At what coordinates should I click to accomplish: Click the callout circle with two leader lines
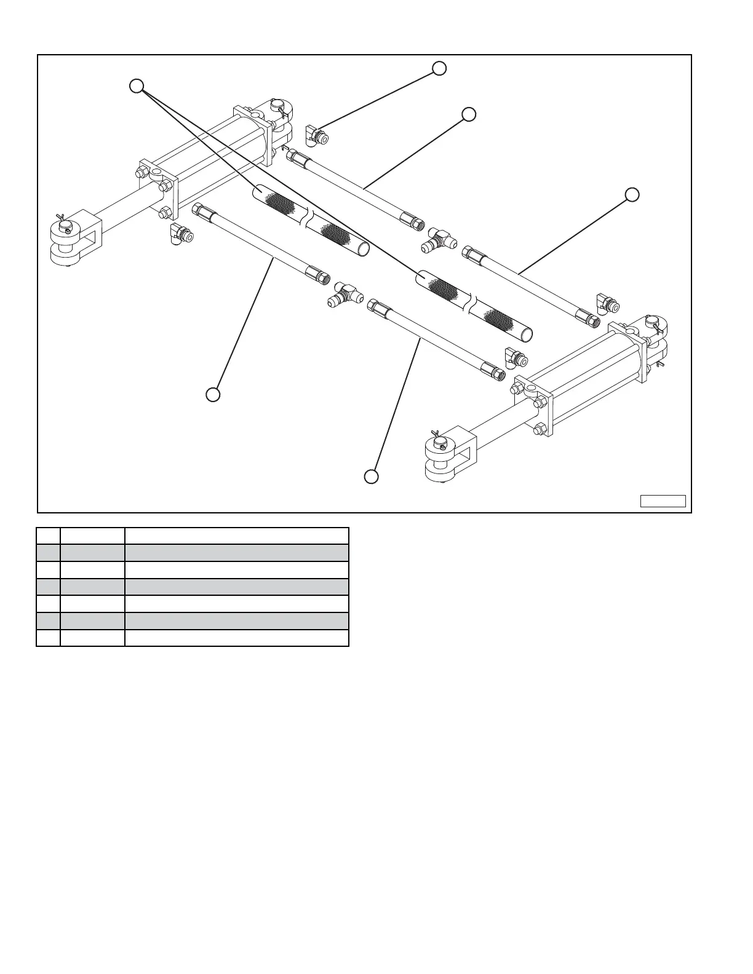(x=137, y=85)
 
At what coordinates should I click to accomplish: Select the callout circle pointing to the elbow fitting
(x=439, y=68)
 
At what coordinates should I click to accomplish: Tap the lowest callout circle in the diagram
(x=371, y=477)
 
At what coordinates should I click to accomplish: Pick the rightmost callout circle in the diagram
(x=632, y=194)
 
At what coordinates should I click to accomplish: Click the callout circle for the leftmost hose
(x=213, y=394)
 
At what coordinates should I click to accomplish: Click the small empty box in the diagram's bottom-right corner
(x=663, y=501)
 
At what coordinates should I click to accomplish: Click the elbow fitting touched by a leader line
(x=316, y=135)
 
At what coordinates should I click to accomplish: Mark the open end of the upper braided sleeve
(x=364, y=248)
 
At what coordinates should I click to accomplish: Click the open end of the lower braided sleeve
(x=527, y=335)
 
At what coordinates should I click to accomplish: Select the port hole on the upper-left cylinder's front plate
(x=158, y=174)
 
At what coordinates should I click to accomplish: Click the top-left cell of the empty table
(x=49, y=536)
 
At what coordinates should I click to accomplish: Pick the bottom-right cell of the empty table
(x=237, y=638)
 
